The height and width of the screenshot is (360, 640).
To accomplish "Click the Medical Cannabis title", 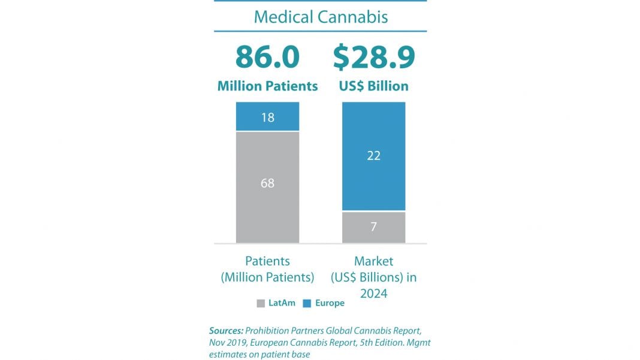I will click(x=321, y=16).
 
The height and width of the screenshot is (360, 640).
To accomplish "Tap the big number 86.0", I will click(x=267, y=58).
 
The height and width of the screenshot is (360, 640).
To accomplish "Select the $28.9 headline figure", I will click(x=374, y=58).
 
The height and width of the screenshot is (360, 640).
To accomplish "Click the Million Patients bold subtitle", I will click(x=267, y=86).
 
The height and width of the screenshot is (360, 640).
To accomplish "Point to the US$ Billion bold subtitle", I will click(x=373, y=86).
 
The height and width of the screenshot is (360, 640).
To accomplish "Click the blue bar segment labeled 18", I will click(x=267, y=117).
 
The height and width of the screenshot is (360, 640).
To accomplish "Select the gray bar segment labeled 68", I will click(x=267, y=183).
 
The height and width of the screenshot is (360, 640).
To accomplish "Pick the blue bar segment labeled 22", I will click(x=373, y=156).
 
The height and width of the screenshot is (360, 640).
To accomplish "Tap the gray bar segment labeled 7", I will click(x=373, y=227).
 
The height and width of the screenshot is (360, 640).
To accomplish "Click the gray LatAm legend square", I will click(x=261, y=304).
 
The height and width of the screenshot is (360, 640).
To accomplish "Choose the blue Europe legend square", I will click(x=307, y=304).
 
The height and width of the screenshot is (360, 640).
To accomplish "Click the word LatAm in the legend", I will click(x=282, y=303).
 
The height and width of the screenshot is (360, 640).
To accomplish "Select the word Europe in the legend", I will click(x=330, y=303).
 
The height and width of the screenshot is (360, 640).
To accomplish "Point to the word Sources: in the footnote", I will click(x=226, y=331).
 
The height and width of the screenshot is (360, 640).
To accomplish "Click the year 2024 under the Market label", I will click(x=373, y=294).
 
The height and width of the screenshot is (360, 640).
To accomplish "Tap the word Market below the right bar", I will click(x=373, y=261).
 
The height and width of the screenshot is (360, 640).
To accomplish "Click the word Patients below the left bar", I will click(x=267, y=261).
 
